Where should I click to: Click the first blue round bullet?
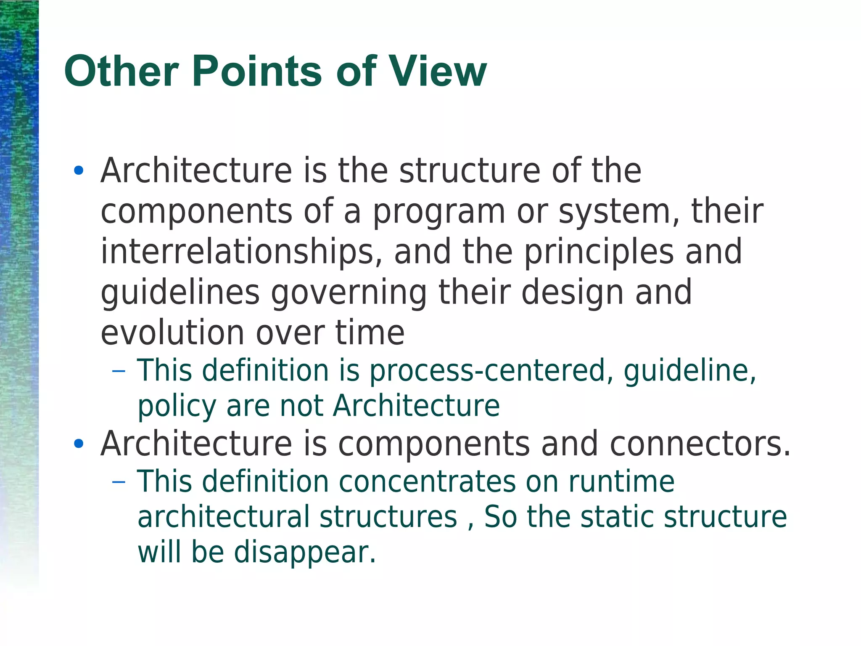coord(78,171)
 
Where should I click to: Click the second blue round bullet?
coord(78,444)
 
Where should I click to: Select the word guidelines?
coord(180,292)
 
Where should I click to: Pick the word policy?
coord(177,407)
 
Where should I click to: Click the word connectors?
coord(700,444)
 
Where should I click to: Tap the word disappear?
coord(304,552)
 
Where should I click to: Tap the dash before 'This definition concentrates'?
coord(119,481)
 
